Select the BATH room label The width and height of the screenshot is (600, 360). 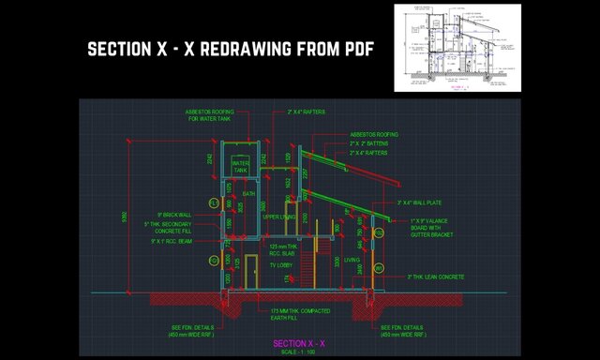pos(248,193)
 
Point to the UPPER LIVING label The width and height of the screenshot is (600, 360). pos(279,217)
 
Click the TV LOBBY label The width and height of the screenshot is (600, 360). pos(281,266)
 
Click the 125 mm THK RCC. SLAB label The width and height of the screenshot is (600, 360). pos(282,249)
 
